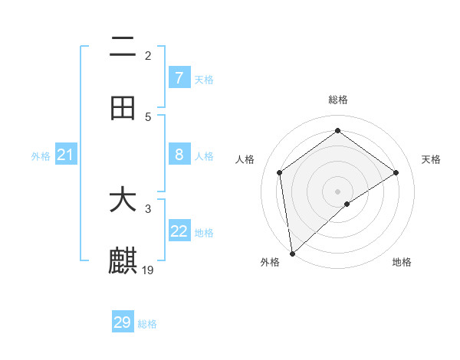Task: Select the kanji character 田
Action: (x=123, y=108)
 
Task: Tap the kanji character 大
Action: (x=123, y=200)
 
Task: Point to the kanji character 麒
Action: (x=123, y=261)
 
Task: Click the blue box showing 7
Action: (x=179, y=78)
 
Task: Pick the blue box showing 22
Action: (x=179, y=232)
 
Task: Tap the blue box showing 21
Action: (x=66, y=155)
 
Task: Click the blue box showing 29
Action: (x=123, y=322)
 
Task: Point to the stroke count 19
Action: (x=149, y=270)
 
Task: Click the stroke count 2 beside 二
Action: (x=148, y=55)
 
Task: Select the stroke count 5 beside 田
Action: (x=148, y=116)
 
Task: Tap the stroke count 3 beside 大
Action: (x=148, y=208)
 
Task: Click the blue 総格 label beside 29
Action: (x=147, y=324)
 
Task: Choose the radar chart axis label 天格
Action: (x=432, y=159)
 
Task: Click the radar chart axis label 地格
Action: (x=402, y=262)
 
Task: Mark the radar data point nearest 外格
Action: (x=292, y=253)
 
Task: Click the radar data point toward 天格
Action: (x=396, y=172)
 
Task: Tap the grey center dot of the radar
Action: (x=337, y=191)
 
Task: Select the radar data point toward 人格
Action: (x=280, y=172)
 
